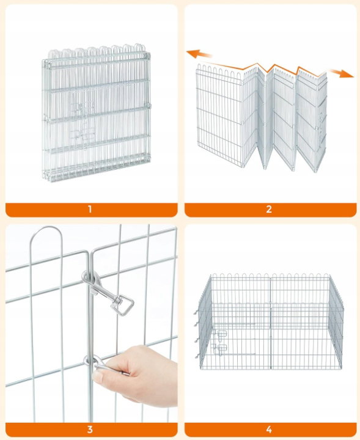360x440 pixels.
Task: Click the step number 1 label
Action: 90,210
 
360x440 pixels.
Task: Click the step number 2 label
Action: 269,210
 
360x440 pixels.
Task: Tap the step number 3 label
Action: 90,430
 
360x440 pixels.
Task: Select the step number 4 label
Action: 269,430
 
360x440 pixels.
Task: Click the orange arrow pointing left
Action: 199,53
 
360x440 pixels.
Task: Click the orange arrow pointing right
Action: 342,73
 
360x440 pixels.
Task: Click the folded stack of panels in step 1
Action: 96,113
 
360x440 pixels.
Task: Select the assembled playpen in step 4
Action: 270,321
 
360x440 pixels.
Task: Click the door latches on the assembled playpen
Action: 220,341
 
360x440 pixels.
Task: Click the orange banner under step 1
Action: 92,210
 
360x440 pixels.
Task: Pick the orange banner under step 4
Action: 271,430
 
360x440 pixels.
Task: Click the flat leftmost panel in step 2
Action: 219,115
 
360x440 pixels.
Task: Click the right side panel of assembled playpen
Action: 336,322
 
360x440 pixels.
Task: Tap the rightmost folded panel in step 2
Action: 312,120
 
